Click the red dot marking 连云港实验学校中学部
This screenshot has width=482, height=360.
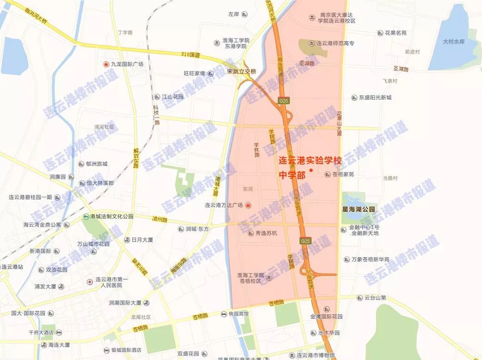311,170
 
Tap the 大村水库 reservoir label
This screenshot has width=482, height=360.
453,42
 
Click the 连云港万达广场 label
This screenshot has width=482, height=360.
224,205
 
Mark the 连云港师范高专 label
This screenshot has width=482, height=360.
335,43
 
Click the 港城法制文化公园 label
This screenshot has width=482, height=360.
111,216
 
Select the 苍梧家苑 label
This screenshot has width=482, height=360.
343,174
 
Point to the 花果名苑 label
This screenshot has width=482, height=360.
392,33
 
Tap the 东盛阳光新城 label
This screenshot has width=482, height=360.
375,98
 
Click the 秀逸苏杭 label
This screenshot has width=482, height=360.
266,233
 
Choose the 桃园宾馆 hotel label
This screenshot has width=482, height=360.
238,313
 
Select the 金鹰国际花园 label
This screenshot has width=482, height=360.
326,317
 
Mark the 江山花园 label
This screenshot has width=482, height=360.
173,97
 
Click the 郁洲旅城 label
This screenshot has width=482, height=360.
96,164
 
